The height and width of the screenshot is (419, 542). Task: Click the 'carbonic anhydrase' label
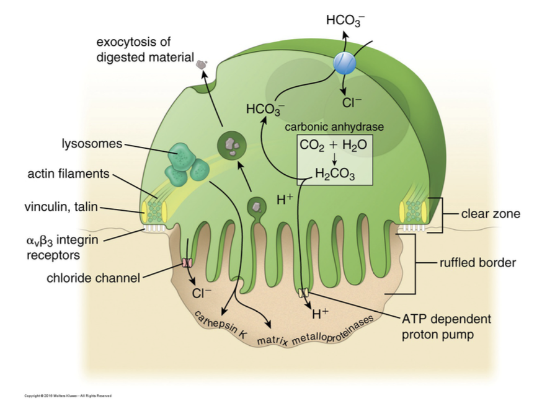click(x=334, y=126)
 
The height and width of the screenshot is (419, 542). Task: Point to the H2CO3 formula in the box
click(x=334, y=174)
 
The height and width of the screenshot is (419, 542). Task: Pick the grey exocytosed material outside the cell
click(x=201, y=63)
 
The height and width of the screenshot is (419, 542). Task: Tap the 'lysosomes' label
click(x=92, y=144)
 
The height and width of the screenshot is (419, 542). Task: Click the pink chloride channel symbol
click(x=187, y=263)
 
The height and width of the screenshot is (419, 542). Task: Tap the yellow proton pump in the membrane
click(x=303, y=292)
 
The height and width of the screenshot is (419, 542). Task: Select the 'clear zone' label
click(x=490, y=214)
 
